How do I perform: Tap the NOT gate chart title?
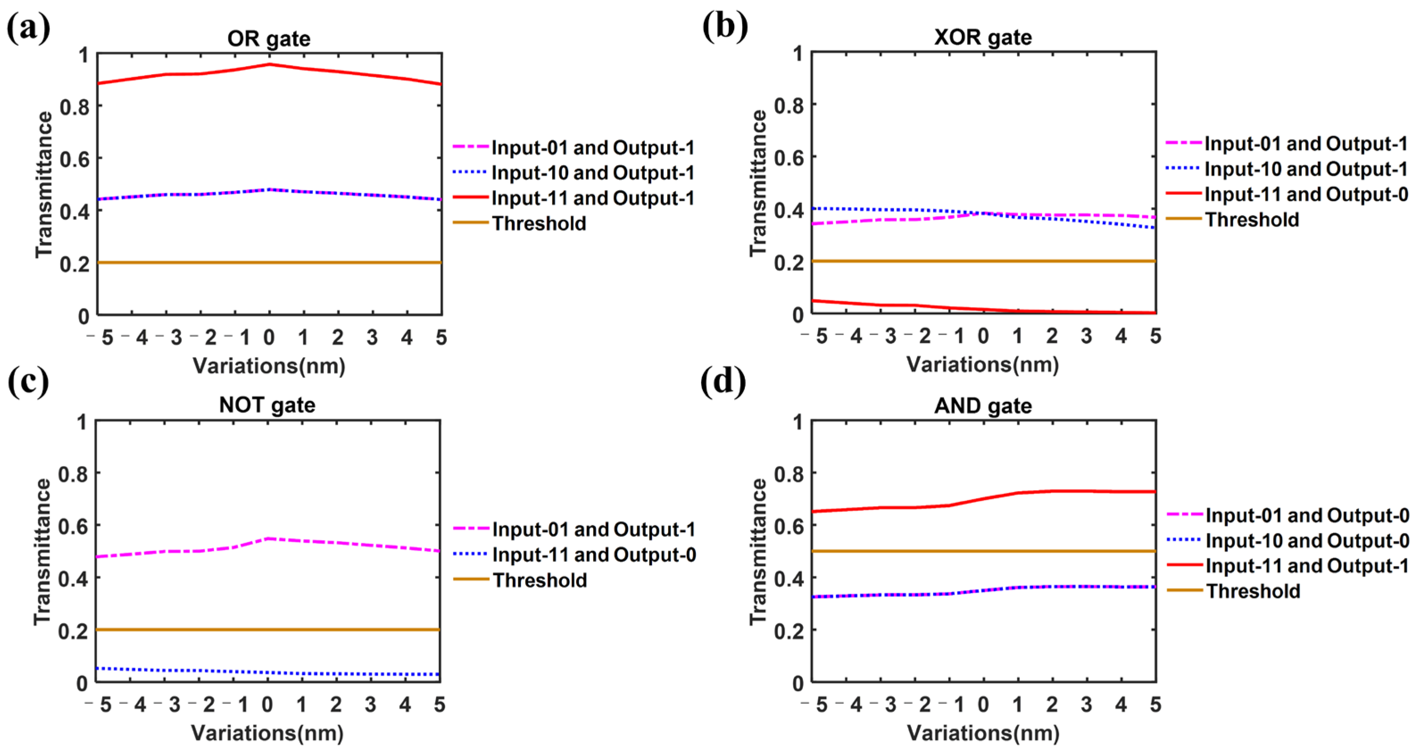click(267, 405)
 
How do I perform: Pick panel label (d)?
click(723, 381)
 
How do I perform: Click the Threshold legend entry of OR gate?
click(539, 223)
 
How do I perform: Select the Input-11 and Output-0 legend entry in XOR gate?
click(1306, 194)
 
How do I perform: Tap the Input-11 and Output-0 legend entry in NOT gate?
click(594, 554)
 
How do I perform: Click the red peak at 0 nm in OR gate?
click(269, 64)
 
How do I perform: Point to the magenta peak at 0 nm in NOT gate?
click(268, 539)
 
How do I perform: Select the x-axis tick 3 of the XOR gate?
click(1086, 336)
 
